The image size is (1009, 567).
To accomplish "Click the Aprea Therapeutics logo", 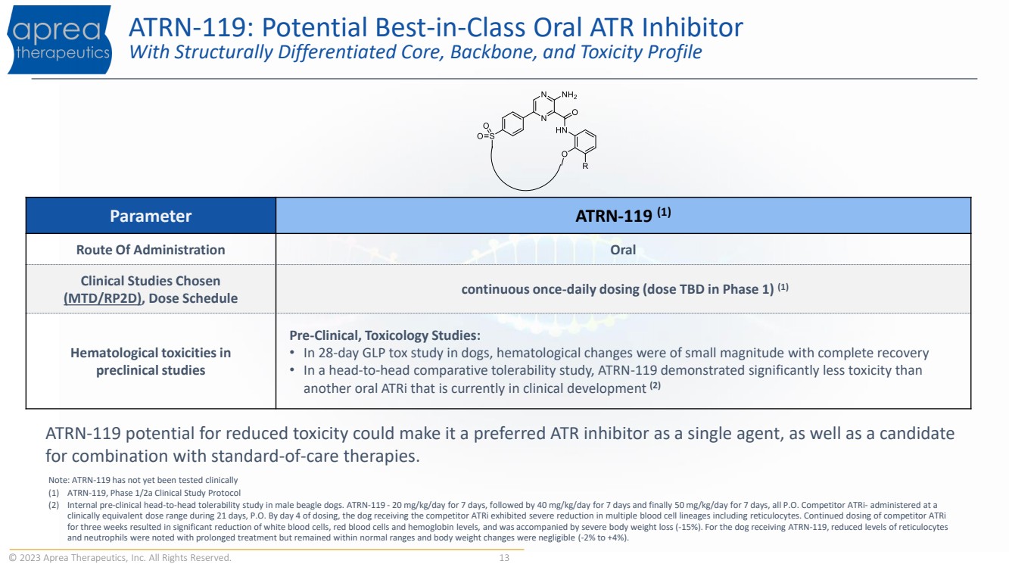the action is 60,39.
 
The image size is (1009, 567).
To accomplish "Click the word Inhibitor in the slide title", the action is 693,27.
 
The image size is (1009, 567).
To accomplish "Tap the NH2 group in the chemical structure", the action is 569,95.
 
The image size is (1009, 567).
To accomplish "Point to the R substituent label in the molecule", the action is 585,166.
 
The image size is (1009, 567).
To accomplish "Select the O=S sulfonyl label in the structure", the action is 486,136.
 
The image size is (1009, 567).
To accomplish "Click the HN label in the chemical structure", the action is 562,130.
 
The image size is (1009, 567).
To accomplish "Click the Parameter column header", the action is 151,216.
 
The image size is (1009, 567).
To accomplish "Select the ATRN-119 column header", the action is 623,215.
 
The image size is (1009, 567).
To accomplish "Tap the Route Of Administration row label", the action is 151,250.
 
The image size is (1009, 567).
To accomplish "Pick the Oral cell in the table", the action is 623,250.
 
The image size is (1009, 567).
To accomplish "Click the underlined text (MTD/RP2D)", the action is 103,298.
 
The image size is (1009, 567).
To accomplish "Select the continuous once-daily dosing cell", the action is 624,288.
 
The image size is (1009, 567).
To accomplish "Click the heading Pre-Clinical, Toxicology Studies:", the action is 385,335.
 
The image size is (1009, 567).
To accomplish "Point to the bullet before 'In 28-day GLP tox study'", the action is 292,352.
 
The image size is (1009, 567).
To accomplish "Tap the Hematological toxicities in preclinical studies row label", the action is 151,361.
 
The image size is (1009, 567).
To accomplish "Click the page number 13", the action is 504,558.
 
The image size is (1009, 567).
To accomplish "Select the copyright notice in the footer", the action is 120,558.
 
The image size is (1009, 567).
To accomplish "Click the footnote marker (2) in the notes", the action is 54,505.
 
